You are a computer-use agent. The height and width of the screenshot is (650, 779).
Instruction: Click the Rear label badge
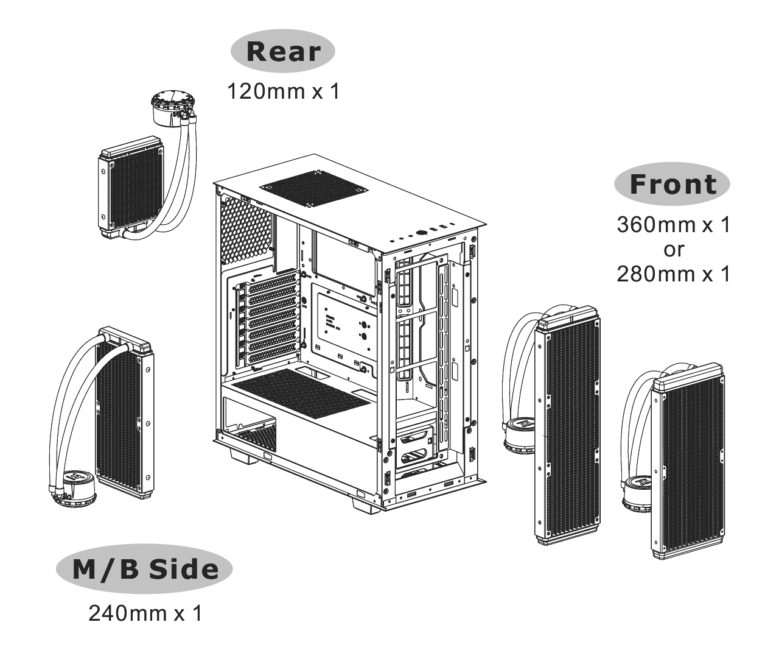(x=283, y=51)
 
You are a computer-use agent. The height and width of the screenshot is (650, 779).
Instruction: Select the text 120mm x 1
(x=284, y=91)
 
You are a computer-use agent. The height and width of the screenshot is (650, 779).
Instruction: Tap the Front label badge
(x=672, y=184)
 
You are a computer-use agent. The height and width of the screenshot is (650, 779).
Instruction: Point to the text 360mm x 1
(x=674, y=225)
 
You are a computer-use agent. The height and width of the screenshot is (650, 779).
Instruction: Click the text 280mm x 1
(x=674, y=274)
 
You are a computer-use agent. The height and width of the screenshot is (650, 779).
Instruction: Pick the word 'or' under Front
(x=674, y=250)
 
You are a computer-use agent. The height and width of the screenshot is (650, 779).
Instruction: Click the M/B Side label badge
(x=144, y=569)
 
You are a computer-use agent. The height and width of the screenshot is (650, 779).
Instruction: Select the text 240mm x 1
(x=145, y=613)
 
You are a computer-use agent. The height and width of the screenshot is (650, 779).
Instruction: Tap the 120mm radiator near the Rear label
(x=131, y=188)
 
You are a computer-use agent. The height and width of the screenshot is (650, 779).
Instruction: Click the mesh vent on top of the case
(x=314, y=189)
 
